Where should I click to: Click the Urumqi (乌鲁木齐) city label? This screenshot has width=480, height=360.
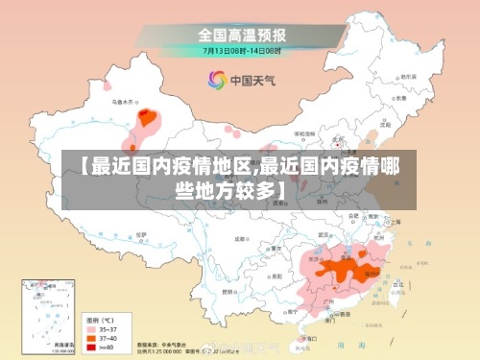coord(125,100)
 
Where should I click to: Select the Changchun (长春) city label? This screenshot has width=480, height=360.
coord(407,98)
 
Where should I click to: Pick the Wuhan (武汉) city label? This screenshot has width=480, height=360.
coord(331,235)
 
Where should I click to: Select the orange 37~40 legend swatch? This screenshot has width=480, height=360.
coord(93,337)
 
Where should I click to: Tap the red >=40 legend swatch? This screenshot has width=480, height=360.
coord(93,347)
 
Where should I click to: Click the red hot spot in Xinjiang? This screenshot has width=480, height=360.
coord(147,118)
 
